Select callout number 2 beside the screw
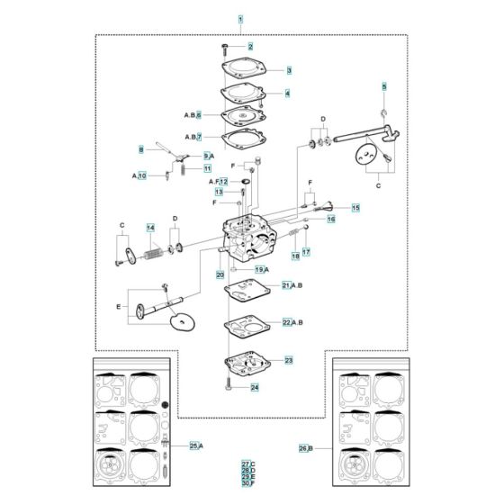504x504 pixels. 250,46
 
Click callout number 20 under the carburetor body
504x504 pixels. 220,274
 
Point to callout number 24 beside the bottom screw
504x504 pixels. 255,387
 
